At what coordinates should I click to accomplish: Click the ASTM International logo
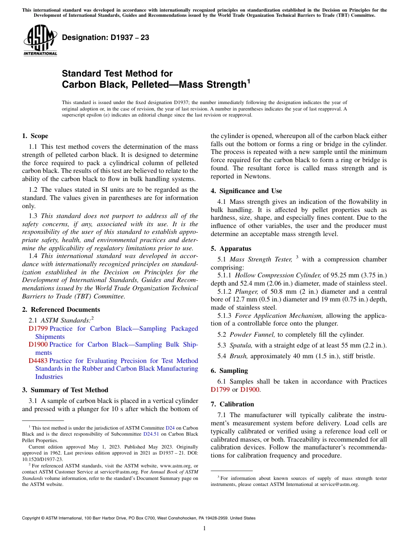click(x=40, y=40)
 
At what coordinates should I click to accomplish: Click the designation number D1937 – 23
click(x=105, y=37)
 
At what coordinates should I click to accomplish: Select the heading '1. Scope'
click(x=35, y=136)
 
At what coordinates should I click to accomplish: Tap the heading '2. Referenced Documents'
click(x=61, y=310)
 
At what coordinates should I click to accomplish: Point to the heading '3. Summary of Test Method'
click(x=65, y=390)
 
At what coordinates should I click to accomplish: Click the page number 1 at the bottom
click(x=204, y=529)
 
